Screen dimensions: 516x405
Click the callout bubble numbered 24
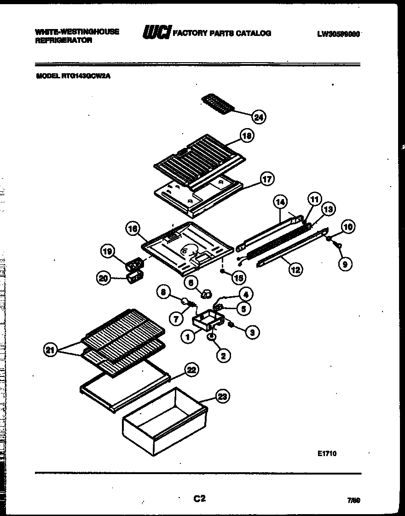(259, 117)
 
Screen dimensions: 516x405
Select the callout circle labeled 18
(247, 135)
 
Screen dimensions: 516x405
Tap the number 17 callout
(267, 179)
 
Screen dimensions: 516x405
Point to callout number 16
(133, 229)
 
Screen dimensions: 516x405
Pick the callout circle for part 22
(191, 369)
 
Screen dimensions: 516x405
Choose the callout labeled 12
(295, 270)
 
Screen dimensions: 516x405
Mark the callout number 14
(280, 201)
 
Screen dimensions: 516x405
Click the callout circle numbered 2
(223, 355)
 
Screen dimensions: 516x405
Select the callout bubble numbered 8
(163, 291)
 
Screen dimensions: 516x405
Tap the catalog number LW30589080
(338, 34)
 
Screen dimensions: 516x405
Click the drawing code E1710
(327, 454)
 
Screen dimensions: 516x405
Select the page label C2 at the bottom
(199, 498)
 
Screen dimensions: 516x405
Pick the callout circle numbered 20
(104, 277)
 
